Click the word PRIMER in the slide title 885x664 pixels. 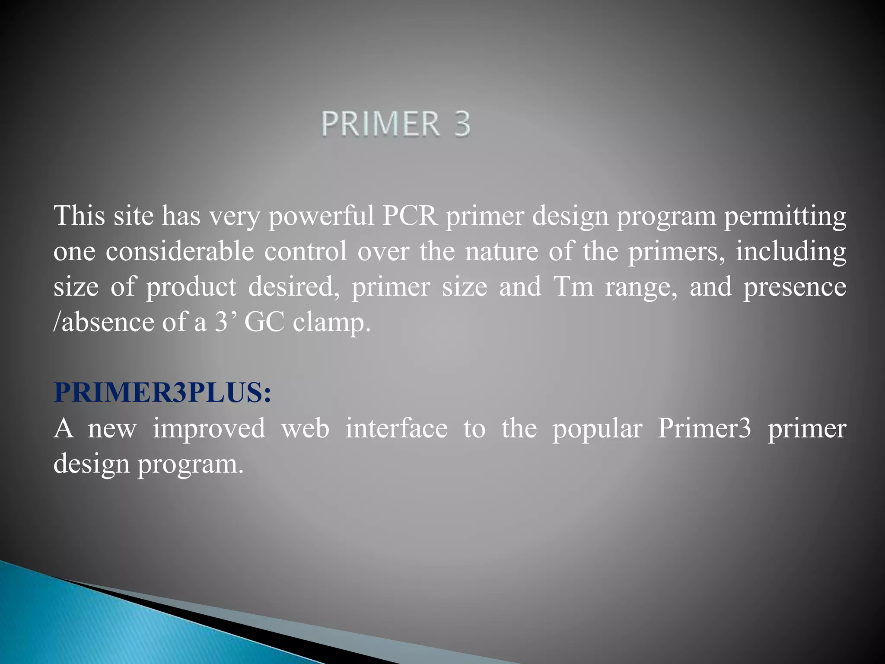click(x=380, y=124)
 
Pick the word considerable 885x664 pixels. click(x=180, y=251)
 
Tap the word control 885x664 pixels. click(x=306, y=251)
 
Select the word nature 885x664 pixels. click(x=501, y=252)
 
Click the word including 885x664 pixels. click(x=791, y=252)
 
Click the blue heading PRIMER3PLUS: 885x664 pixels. click(x=162, y=393)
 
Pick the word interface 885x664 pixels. click(x=396, y=428)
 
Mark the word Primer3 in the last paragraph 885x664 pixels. click(x=704, y=428)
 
